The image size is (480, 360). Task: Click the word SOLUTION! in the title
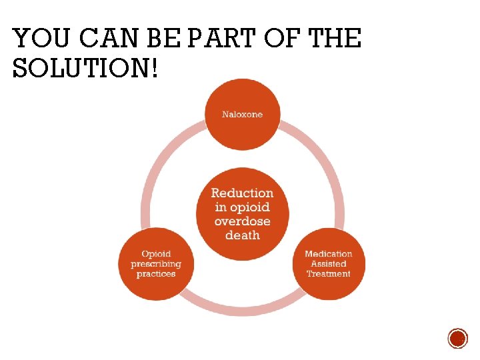tap(86, 68)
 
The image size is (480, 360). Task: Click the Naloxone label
tap(242, 115)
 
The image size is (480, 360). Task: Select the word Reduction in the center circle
tap(242, 193)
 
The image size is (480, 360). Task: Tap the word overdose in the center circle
tap(242, 221)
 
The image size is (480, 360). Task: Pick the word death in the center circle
tap(242, 235)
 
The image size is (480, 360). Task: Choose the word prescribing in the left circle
tap(155, 264)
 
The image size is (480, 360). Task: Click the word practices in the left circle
tap(155, 274)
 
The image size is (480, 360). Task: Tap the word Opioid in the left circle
tap(155, 254)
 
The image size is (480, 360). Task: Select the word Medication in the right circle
tap(328, 254)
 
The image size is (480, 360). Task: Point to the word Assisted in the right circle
tap(328, 264)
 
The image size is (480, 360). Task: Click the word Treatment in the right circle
tap(328, 274)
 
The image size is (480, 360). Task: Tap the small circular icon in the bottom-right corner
tap(457, 338)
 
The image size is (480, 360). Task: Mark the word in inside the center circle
tap(221, 207)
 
